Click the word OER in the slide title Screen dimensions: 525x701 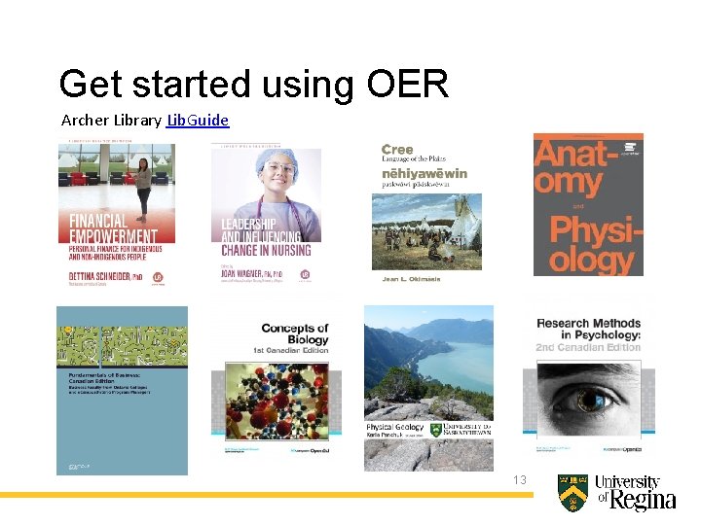[x=408, y=85]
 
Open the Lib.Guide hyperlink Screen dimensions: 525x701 [x=198, y=121]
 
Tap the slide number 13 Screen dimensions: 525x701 [x=519, y=480]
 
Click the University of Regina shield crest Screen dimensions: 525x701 [x=572, y=493]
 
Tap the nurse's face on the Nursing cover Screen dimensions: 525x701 [x=278, y=175]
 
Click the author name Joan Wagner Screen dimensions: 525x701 [x=249, y=274]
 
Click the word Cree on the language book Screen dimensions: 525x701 [x=397, y=150]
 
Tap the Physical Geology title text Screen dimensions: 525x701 [x=393, y=428]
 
